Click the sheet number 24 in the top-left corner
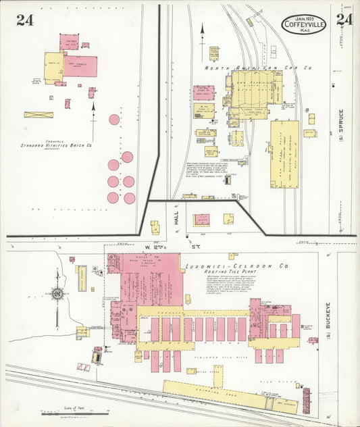[25, 20]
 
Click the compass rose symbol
[56, 294]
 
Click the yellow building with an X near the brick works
[38, 115]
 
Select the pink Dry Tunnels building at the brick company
[80, 66]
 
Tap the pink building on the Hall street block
[201, 220]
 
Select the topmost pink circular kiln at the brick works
[114, 120]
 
